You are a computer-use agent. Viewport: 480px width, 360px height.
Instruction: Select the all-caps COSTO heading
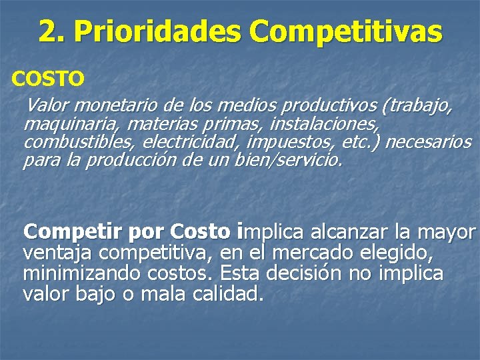click(x=48, y=79)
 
